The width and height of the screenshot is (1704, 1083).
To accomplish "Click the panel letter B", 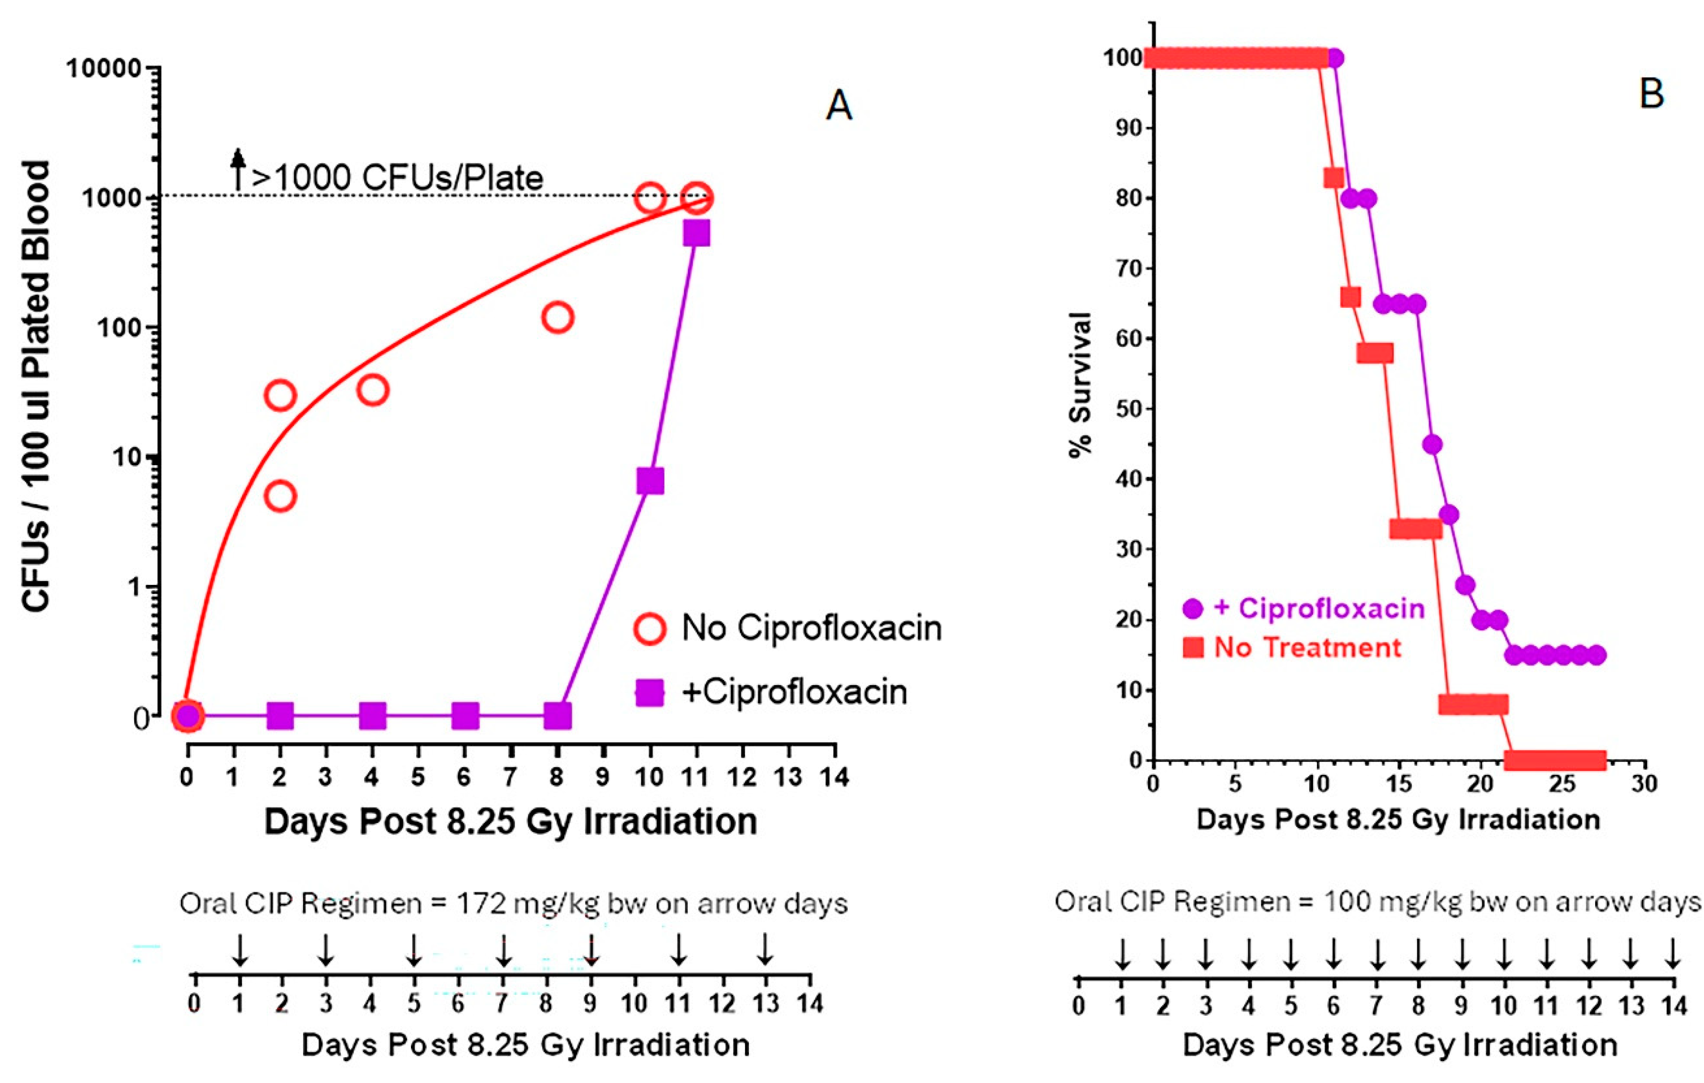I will tap(1651, 94).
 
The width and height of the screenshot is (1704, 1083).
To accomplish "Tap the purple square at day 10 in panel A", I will tap(650, 481).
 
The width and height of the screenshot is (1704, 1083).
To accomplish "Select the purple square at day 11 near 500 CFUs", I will tap(696, 233).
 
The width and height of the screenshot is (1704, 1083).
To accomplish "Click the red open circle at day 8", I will tap(557, 318).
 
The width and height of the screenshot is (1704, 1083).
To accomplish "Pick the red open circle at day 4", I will tap(373, 390).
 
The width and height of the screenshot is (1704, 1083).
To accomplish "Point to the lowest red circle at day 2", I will tap(280, 496).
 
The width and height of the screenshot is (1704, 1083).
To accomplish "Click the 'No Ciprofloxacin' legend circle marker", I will tap(649, 628).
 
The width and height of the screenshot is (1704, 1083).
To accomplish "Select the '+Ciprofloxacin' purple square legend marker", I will tap(649, 692).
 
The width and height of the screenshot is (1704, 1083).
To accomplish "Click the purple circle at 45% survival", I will tap(1432, 444).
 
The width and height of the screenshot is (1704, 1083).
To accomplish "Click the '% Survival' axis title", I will tap(1081, 385).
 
